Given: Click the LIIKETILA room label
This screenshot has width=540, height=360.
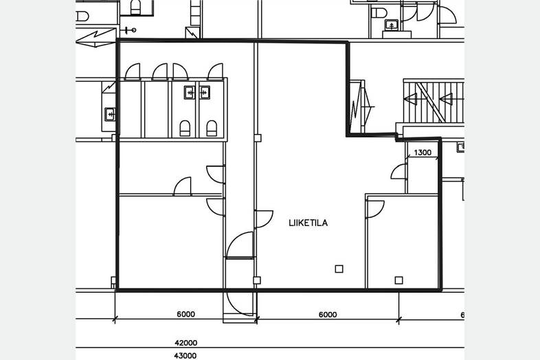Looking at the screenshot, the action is point(308,223).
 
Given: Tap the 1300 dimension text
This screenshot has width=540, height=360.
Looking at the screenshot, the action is point(423,153).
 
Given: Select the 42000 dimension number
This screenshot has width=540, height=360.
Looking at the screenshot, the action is point(186,343).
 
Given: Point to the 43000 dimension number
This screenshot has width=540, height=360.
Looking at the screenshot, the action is point(185,355).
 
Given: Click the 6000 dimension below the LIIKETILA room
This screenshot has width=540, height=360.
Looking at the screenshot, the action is point(328,315).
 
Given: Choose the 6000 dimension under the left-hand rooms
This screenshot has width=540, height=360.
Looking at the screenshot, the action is point(186,314).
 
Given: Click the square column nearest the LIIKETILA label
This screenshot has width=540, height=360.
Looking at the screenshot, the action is point(339,269).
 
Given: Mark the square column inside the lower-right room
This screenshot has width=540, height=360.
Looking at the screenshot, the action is point(398,280).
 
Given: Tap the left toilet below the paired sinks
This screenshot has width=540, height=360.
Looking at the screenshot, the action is point(185,128).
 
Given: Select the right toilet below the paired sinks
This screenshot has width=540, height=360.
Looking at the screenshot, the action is point(212,128).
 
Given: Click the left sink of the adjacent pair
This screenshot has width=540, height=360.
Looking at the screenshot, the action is point(190,92).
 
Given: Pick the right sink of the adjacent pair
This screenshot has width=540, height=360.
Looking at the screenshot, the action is point(205,92).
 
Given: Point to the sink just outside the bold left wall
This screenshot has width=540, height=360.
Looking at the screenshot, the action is point(110,114).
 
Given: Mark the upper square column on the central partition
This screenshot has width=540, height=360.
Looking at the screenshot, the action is point(257,138).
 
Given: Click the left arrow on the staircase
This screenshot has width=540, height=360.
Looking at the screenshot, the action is point(411,100).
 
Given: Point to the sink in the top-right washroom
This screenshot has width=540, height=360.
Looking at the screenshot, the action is point(392,25).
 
